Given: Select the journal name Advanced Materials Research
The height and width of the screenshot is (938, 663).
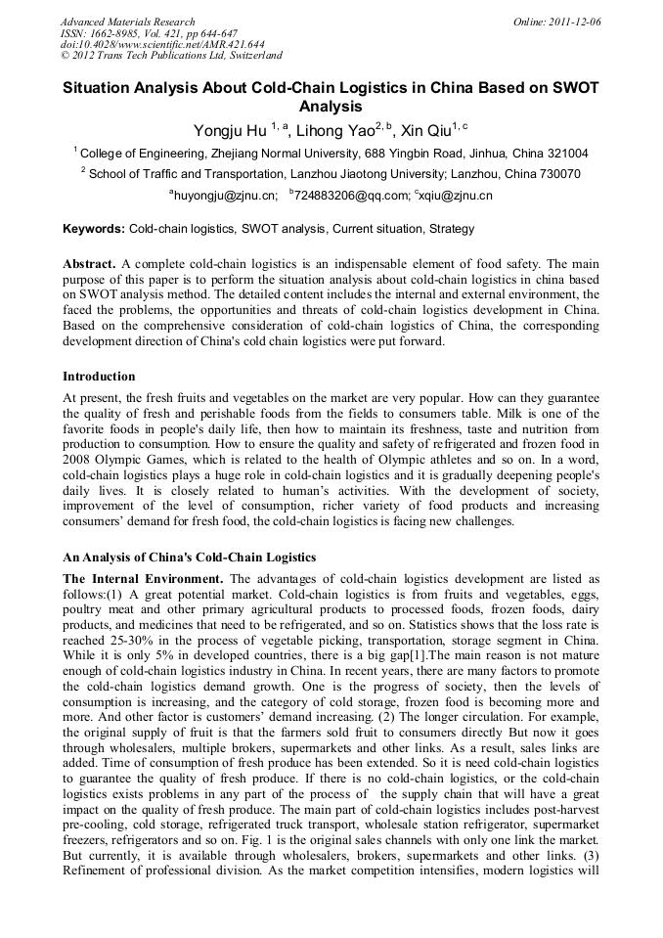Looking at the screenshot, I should click(127, 22).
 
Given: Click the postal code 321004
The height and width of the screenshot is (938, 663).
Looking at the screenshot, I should click(566, 154).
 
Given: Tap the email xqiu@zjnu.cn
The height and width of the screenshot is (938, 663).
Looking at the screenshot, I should click(456, 196).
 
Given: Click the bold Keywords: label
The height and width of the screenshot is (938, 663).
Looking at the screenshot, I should click(94, 229).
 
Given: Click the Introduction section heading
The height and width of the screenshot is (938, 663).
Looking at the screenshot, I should click(99, 376).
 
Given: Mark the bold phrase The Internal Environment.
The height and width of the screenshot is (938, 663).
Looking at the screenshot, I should click(143, 578).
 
